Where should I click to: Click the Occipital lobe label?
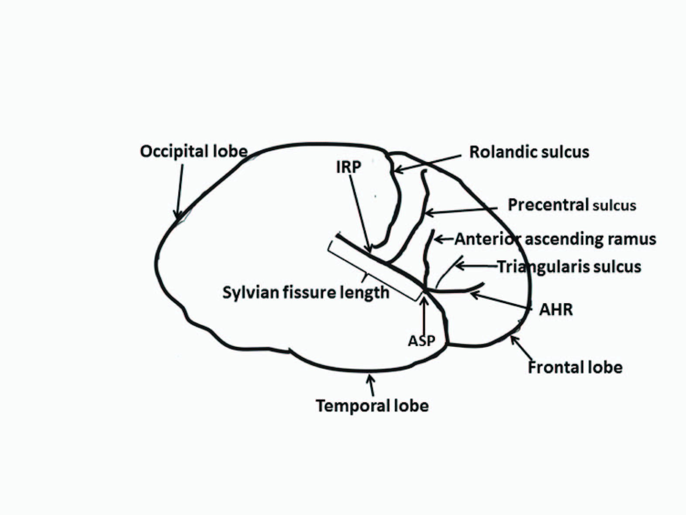pos(193,152)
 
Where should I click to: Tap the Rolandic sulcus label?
pos(529,152)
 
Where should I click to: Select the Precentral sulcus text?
pos(572,204)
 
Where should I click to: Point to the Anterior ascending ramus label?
pos(555,239)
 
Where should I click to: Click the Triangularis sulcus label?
pos(569,266)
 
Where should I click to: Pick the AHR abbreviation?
pos(555,309)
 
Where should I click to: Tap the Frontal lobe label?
pos(575,367)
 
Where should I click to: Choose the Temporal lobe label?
pos(372,406)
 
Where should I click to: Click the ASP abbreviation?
pos(421,340)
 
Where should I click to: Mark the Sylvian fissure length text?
pos(306,292)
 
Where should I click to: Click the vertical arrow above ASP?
pos(423,315)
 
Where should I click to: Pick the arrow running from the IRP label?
pos(360,214)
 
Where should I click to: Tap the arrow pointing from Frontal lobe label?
pos(521,348)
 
